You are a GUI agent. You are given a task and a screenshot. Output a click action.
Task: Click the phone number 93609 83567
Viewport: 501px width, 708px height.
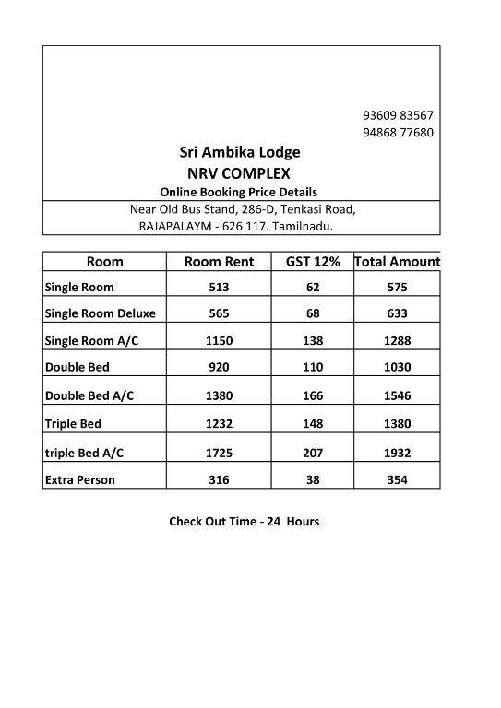pos(398,115)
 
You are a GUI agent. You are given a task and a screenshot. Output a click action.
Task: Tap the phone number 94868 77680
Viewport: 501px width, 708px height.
pos(398,133)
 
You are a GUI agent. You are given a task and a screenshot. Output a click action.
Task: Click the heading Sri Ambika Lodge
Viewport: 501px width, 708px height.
pos(239,152)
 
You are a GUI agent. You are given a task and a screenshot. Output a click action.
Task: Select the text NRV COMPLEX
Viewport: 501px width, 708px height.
pos(239,172)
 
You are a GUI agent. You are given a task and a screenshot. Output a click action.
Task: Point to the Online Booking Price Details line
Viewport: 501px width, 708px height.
pos(239,192)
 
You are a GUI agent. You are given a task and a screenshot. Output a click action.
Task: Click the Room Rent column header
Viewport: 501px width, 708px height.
pos(226,261)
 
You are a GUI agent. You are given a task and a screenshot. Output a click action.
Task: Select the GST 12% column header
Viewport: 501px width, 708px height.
pos(313,261)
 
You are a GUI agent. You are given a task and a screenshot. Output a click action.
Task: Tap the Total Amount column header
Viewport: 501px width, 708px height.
pos(398,261)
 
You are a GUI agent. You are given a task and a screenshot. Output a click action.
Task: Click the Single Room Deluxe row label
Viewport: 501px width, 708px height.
pos(101,313)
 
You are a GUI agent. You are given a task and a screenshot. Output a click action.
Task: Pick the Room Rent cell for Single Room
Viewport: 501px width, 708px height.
pos(226,287)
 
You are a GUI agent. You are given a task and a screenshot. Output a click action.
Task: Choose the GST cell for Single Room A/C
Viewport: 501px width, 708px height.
pos(313,340)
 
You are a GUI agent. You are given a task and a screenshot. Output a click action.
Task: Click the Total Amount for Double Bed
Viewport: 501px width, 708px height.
pos(398,367)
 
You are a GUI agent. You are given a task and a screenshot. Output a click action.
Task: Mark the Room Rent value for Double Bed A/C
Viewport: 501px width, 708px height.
pos(226,396)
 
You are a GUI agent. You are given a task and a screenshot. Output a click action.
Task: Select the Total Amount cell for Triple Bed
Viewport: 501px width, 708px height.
pos(398,424)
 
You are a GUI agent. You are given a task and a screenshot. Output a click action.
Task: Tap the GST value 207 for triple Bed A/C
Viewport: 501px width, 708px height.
pos(313,454)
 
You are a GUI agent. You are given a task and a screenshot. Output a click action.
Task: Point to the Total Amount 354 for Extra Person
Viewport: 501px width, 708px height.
pos(398,479)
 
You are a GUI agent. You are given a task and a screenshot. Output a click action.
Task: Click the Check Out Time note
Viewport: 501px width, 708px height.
pos(244,521)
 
